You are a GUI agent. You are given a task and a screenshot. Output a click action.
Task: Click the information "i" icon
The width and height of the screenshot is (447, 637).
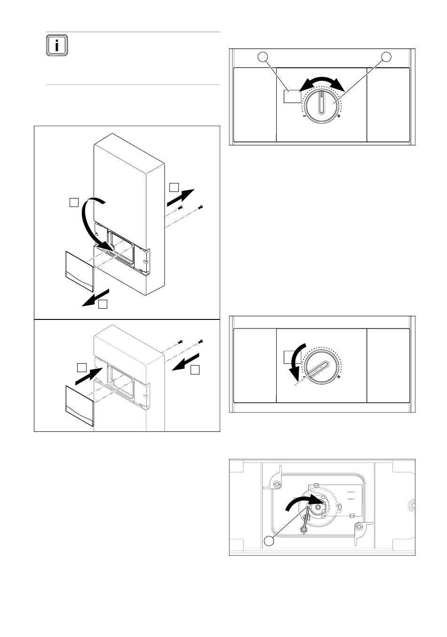[x=57, y=45]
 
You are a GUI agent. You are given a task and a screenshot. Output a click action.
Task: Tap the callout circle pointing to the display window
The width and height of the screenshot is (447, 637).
[x=263, y=57]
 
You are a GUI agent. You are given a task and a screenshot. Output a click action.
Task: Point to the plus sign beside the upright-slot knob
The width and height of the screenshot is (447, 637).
[x=338, y=116]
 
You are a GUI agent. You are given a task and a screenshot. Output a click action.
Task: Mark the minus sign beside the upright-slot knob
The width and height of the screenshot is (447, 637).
[x=304, y=116]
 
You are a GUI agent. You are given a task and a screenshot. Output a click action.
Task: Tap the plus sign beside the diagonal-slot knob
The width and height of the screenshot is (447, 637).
[x=339, y=377]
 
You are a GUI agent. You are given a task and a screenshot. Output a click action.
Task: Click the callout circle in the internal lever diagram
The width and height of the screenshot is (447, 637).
[x=269, y=541]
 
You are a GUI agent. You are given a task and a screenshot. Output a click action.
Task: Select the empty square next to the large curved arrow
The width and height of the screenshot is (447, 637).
[x=74, y=202]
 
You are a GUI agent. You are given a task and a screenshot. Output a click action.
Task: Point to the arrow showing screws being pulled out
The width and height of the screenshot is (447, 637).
[x=181, y=198]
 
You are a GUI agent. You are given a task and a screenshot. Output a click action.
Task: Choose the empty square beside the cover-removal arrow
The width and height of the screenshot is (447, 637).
[x=103, y=304]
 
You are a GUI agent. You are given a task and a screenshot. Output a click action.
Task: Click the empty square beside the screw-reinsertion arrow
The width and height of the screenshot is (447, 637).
[x=195, y=370]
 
